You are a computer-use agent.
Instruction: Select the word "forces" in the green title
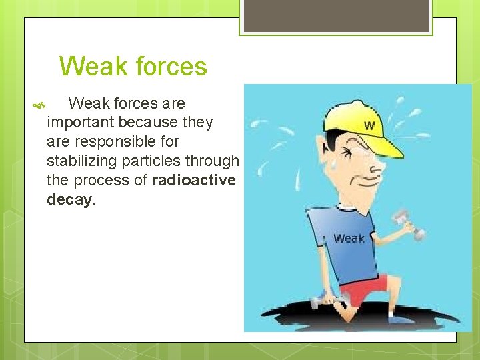click(171, 67)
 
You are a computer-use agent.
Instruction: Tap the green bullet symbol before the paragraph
click(37, 105)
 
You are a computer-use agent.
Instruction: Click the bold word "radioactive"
click(193, 181)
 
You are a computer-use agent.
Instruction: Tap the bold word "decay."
click(71, 200)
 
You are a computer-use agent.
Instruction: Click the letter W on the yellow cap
click(369, 126)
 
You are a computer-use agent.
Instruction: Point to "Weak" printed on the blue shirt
click(349, 238)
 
